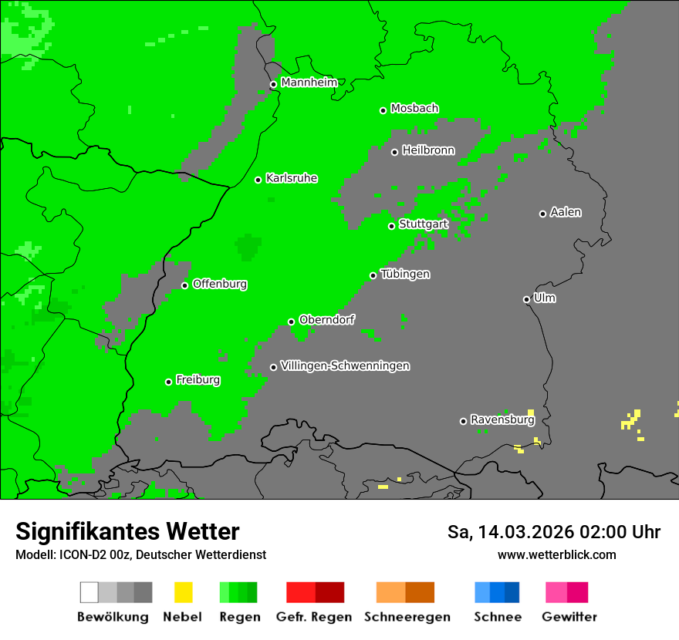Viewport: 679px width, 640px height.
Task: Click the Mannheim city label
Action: pos(309,83)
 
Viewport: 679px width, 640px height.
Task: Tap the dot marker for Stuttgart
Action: pos(391,226)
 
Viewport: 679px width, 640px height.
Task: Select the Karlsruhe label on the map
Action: pos(292,178)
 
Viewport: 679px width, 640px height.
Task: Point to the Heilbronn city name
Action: pos(428,150)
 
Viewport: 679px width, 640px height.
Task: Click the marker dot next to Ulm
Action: pos(526,299)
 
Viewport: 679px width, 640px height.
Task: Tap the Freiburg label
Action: pos(198,380)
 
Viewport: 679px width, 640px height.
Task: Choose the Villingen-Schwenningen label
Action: pos(345,365)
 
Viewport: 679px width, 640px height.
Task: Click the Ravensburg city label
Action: pos(502,419)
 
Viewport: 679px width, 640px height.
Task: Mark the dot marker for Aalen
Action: pos(542,214)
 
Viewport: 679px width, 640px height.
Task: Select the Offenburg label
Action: pos(220,284)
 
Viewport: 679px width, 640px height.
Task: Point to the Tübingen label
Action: pos(405,274)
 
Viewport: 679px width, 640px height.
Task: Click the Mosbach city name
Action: pos(414,109)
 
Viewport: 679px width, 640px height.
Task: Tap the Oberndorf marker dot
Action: pos(291,322)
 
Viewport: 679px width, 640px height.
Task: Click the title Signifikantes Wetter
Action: pos(127,531)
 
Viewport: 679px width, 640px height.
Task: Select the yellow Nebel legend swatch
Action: pos(183,592)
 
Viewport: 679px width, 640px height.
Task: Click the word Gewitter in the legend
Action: pos(569,617)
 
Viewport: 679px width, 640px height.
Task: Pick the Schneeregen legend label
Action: pos(407,617)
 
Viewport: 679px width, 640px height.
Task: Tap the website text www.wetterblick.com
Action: pos(556,554)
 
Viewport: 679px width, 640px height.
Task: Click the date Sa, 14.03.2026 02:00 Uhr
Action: pos(553,532)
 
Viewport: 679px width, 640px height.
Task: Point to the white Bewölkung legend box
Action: pos(89,592)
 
